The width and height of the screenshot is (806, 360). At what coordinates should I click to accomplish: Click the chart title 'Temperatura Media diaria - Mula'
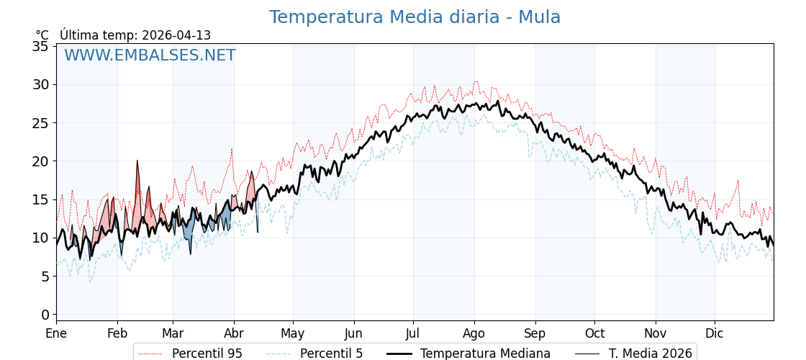415,17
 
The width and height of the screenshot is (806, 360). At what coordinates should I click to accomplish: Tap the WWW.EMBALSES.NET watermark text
150,55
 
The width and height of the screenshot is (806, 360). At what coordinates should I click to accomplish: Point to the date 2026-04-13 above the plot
176,35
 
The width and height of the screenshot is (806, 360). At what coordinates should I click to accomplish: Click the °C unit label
42,35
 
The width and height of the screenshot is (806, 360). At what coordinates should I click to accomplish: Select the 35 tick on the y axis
41,46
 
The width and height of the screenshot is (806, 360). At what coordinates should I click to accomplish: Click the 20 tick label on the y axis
41,161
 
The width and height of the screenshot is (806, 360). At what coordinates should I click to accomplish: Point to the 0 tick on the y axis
45,315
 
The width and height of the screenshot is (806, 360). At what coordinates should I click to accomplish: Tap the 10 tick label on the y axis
41,238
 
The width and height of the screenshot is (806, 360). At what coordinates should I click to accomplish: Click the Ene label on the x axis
56,333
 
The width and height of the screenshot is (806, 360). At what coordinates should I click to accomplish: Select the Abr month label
234,333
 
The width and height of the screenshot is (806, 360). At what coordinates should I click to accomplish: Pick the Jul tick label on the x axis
413,333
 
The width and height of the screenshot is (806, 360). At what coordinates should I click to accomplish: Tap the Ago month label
474,333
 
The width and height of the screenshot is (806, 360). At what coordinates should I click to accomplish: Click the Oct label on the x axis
594,333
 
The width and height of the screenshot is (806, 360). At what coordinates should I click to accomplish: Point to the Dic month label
715,333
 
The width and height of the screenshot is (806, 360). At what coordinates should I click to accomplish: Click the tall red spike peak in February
137,161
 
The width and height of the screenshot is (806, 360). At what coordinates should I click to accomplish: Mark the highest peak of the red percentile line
476,81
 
